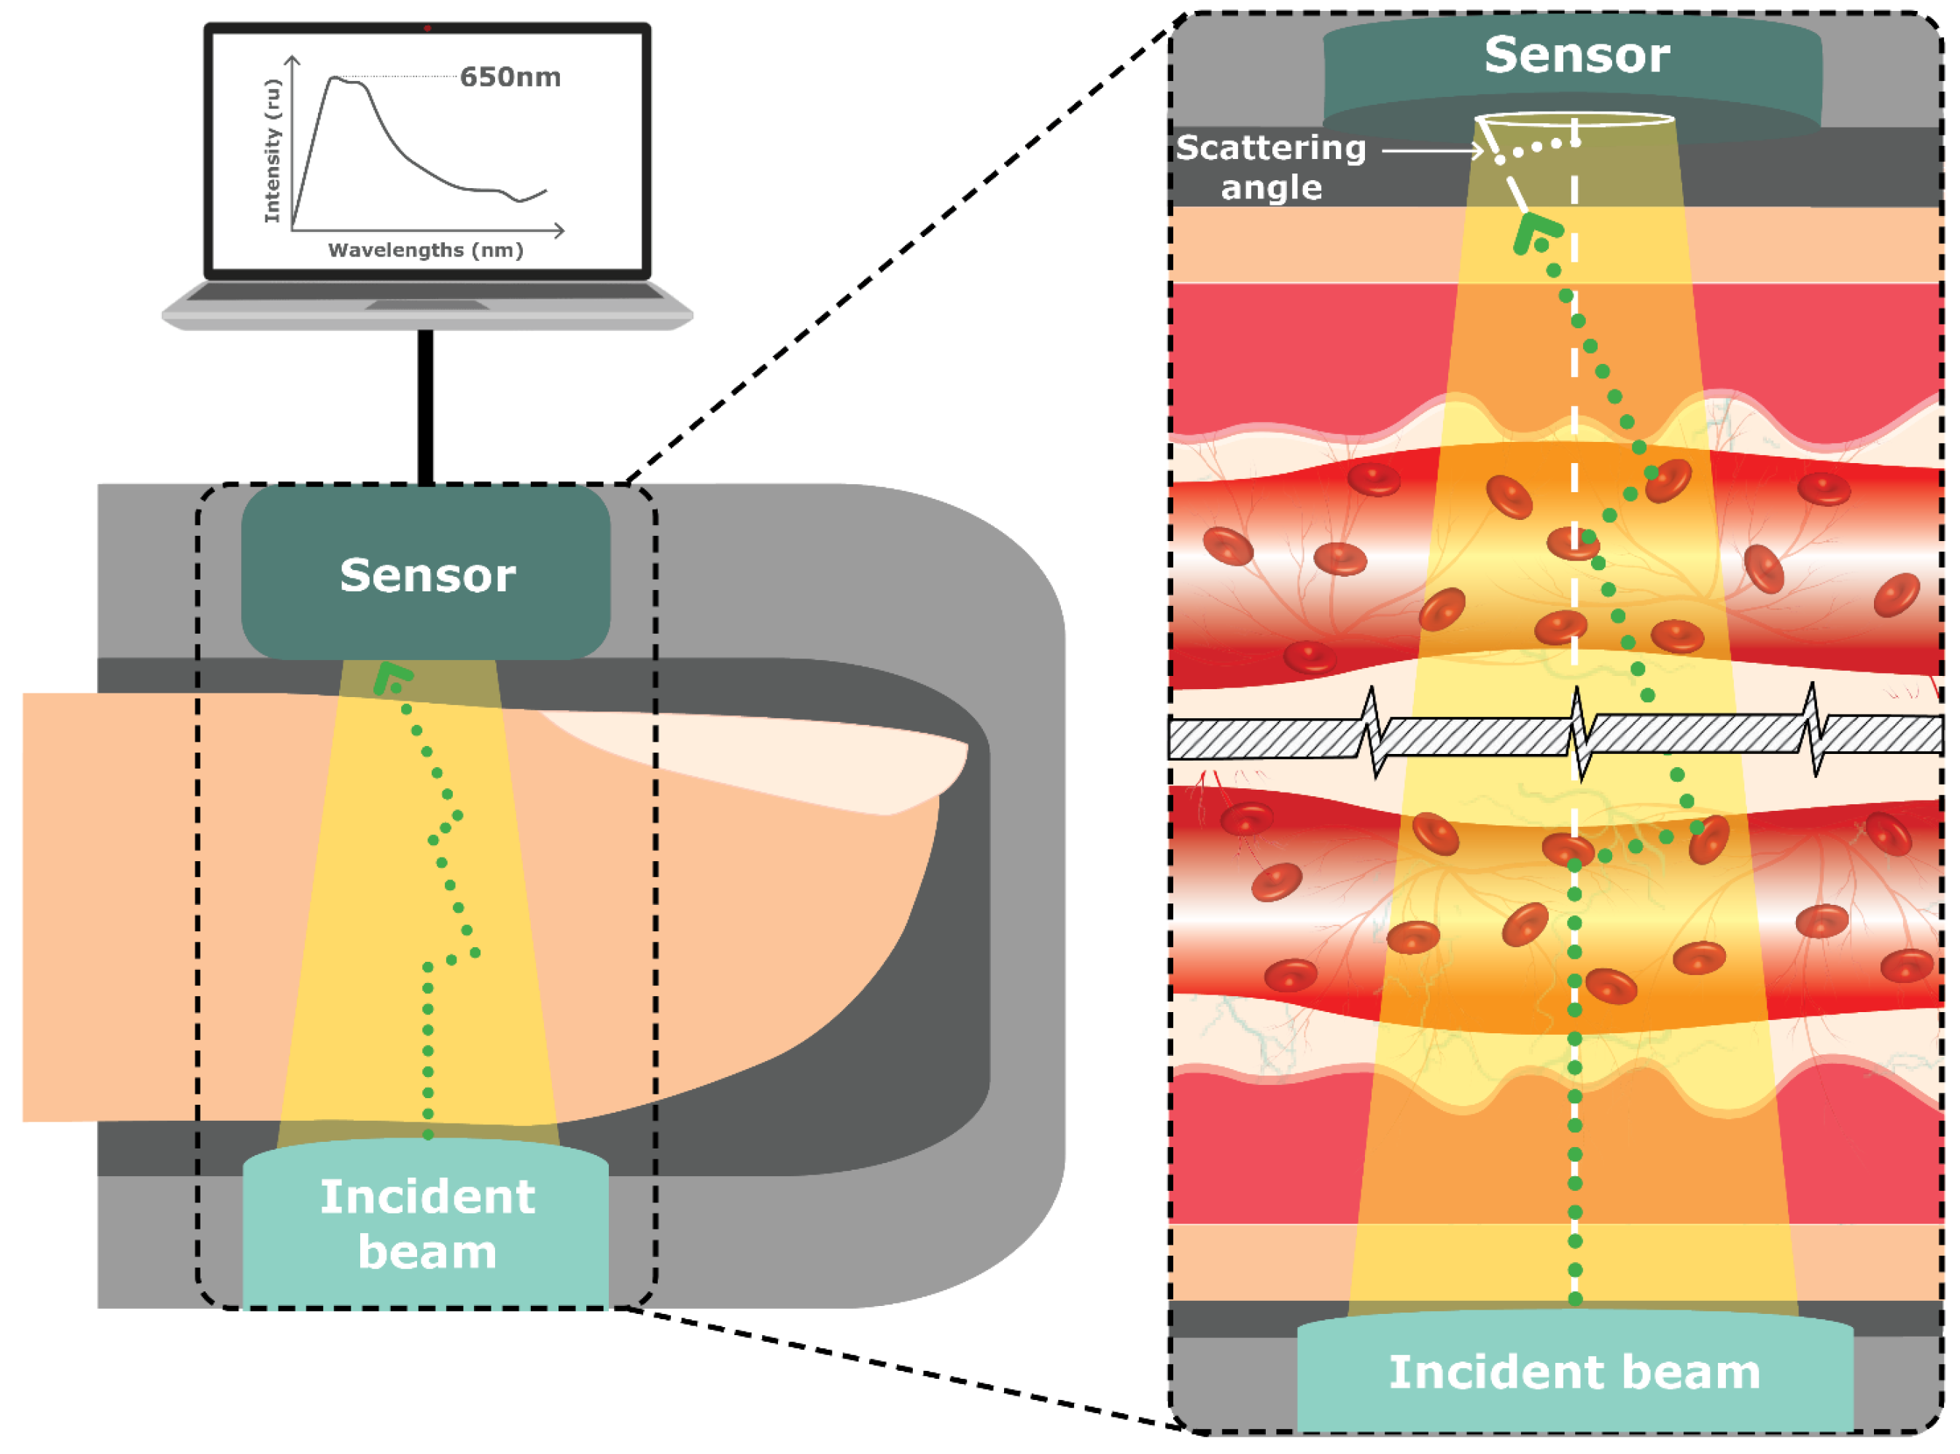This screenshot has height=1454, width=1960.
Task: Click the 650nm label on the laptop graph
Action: (x=510, y=77)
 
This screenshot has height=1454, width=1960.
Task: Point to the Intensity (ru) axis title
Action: (x=273, y=150)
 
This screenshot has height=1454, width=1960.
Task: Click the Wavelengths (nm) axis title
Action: (x=425, y=250)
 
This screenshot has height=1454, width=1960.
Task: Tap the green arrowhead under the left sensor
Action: (x=390, y=677)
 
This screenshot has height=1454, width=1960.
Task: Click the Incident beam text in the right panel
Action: (x=1574, y=1372)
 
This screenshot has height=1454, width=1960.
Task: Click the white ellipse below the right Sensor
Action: (x=1574, y=118)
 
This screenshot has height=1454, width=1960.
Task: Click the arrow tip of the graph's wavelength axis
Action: (x=562, y=230)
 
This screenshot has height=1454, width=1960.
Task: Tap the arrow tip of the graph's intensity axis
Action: (x=293, y=58)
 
